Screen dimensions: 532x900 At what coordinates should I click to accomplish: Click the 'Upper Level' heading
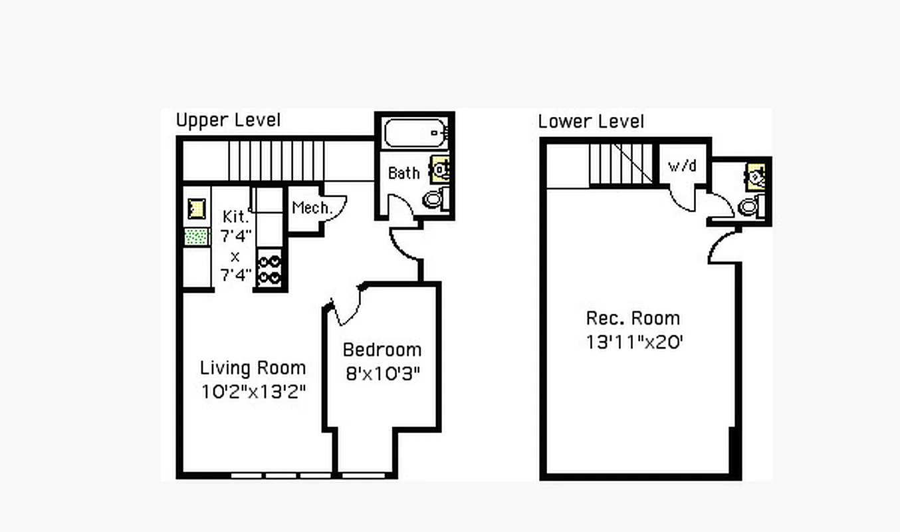[x=228, y=120]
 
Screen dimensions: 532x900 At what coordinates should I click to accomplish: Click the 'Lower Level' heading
[x=591, y=122]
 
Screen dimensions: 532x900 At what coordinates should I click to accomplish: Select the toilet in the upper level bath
[x=433, y=198]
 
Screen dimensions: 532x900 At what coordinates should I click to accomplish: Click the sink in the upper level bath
[x=439, y=169]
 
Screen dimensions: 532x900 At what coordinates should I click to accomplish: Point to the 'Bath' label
[x=403, y=173]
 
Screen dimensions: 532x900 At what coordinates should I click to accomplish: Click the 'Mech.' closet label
[x=311, y=207]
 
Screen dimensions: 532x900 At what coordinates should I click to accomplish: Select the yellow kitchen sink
[x=196, y=208]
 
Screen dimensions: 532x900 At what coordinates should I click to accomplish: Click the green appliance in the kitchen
[x=196, y=236]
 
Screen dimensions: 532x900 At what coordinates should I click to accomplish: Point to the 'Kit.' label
[x=235, y=217]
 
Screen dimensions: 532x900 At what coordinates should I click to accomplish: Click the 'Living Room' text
[x=253, y=368]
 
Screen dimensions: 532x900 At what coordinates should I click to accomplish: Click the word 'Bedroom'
[x=382, y=350]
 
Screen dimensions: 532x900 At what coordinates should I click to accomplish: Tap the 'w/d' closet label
[x=682, y=166]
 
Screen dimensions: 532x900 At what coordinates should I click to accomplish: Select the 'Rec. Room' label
[x=633, y=318]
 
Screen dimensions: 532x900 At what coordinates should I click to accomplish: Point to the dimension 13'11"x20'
[x=634, y=342]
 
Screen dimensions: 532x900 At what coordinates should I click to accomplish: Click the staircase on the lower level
[x=621, y=164]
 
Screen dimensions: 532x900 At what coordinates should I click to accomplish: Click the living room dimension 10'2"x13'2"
[x=253, y=392]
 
